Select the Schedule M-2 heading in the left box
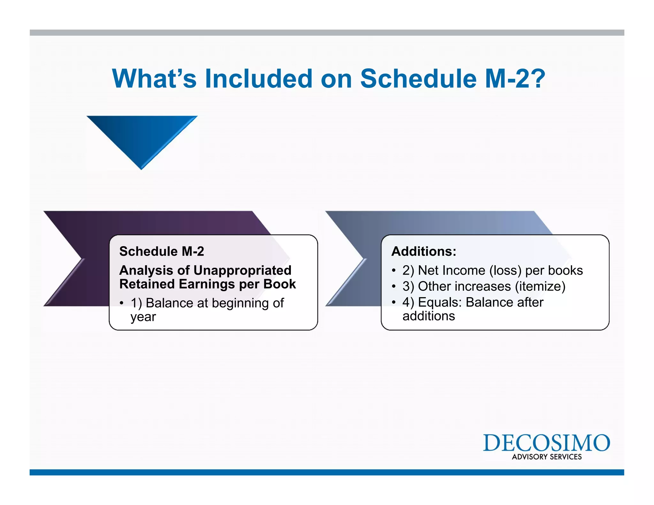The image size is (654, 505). click(162, 252)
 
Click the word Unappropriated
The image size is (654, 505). click(242, 270)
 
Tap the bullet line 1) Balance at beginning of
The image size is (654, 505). click(207, 303)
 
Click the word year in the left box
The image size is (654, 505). click(143, 317)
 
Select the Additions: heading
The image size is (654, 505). click(424, 252)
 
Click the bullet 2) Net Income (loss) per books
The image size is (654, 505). click(492, 270)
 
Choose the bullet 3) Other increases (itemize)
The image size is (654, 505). click(483, 286)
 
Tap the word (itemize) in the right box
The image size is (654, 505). click(540, 286)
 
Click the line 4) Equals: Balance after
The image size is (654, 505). click(473, 302)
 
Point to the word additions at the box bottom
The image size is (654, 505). click(429, 316)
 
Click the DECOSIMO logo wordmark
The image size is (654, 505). click(546, 443)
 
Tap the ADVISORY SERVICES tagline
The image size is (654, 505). click(547, 457)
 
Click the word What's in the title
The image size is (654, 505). click(154, 79)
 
